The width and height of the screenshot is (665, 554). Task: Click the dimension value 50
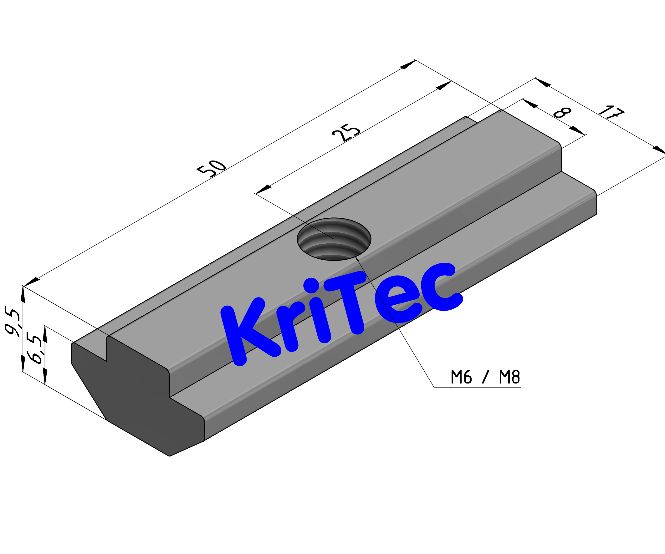click(x=212, y=168)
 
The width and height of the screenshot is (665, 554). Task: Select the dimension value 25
click(x=346, y=132)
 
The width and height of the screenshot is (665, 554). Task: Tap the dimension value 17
click(x=611, y=112)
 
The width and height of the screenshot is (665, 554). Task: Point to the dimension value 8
click(x=562, y=112)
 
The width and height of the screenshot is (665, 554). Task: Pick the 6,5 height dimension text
click(x=35, y=348)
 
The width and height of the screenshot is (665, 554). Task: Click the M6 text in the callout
click(x=461, y=377)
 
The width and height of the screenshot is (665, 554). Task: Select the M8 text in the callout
click(x=509, y=377)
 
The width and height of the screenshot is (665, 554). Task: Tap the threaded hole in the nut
click(x=334, y=239)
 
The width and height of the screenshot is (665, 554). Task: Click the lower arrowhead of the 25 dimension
click(x=263, y=189)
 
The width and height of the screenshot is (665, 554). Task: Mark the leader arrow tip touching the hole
click(x=356, y=258)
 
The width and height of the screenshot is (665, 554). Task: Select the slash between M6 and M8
click(x=485, y=377)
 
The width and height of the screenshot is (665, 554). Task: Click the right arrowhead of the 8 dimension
click(x=577, y=130)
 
